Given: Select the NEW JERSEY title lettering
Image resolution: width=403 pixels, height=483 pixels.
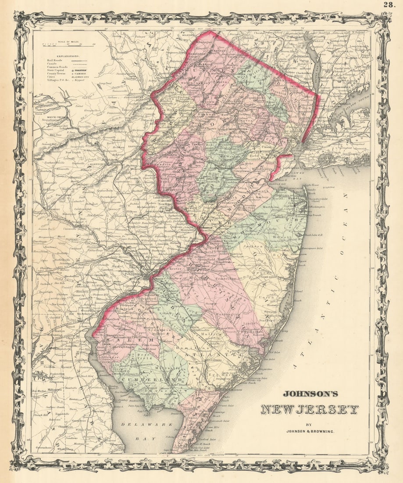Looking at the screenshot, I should (309, 410).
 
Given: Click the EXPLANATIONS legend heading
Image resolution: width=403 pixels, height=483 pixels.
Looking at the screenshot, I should (64, 56).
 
